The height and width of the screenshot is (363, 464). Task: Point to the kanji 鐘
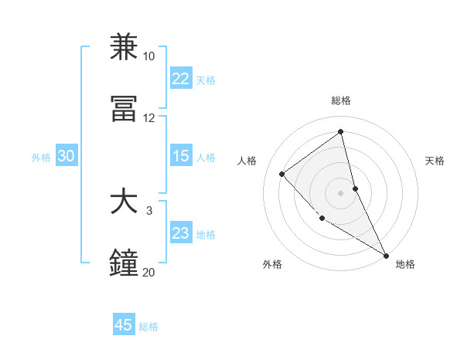(125, 263)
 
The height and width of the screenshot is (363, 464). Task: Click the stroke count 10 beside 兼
(148, 56)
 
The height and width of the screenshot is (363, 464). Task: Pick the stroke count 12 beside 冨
(148, 118)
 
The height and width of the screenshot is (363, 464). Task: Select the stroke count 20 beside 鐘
(148, 272)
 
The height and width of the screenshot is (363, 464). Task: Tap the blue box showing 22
(180, 79)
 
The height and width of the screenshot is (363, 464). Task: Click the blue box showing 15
(180, 156)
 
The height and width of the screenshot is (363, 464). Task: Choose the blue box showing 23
(180, 233)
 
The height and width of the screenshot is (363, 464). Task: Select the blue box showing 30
(66, 156)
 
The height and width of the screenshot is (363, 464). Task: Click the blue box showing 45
(124, 325)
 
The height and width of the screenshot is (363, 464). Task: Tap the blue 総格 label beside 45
(148, 327)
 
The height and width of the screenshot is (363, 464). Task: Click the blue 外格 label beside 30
(41, 157)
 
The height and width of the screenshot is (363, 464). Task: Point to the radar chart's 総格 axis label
(340, 101)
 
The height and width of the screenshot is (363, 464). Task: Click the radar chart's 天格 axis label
(435, 161)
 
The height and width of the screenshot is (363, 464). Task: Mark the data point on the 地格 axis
(386, 255)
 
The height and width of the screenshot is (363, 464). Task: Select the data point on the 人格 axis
(282, 174)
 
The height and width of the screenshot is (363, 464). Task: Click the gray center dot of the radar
(340, 192)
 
